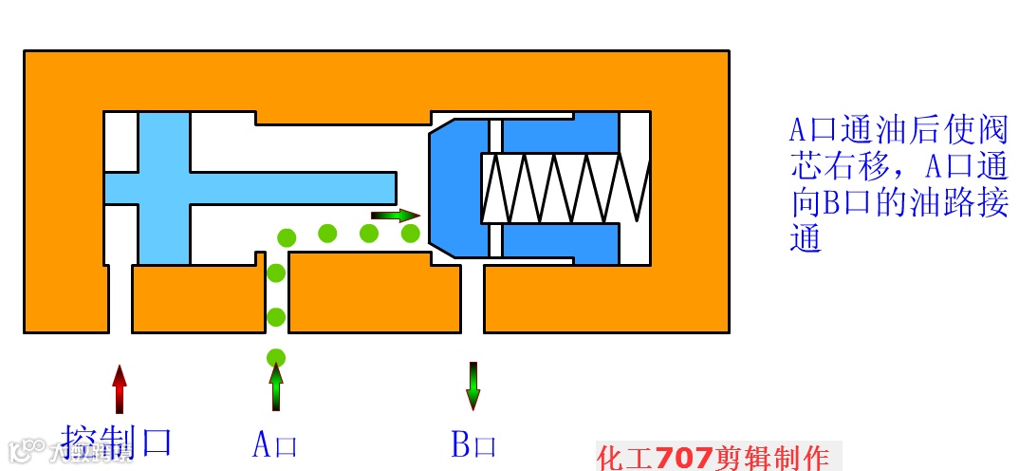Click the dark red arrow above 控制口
(x=120, y=388)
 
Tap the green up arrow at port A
(x=276, y=387)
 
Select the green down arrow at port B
(x=473, y=386)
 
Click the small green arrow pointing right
(x=394, y=216)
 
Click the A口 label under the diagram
(x=275, y=444)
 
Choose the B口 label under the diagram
(x=473, y=444)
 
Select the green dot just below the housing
(x=276, y=358)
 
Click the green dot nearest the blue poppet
(x=411, y=233)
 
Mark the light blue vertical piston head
(x=164, y=186)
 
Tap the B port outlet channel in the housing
(x=472, y=299)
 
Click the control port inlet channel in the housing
(x=120, y=299)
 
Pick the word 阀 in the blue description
(x=992, y=129)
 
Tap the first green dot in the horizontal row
(x=286, y=236)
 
